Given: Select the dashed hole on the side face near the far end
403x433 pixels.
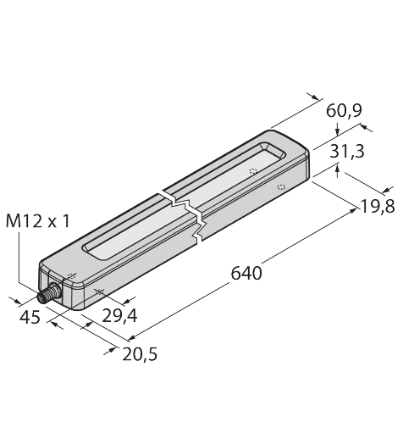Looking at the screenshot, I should [x=281, y=186].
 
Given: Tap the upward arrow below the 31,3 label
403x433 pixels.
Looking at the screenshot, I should [x=339, y=169].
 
